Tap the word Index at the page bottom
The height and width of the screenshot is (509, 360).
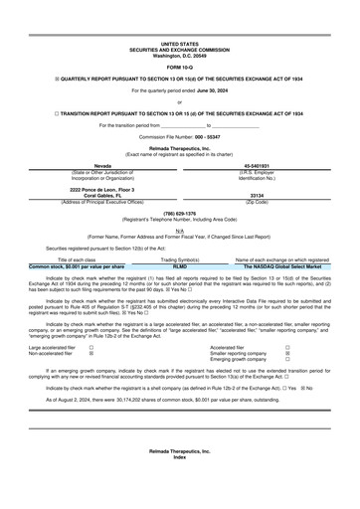tap(179, 493)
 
